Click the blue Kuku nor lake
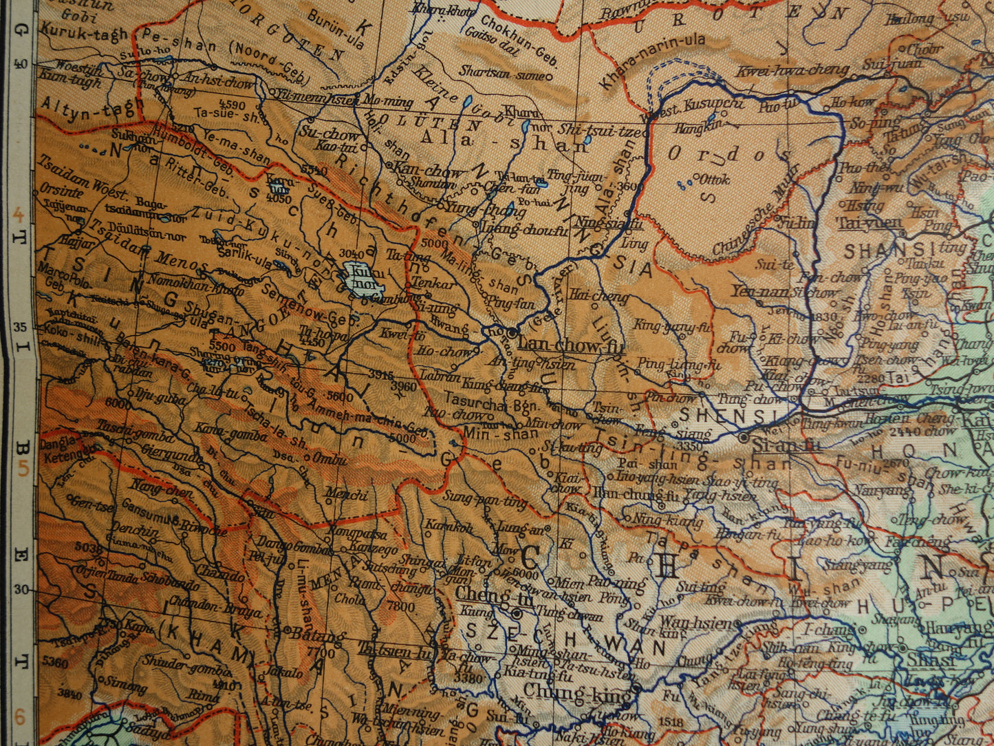point(363,281)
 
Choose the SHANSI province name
point(887,251)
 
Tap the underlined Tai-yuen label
point(869,222)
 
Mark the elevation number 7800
point(402,607)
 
